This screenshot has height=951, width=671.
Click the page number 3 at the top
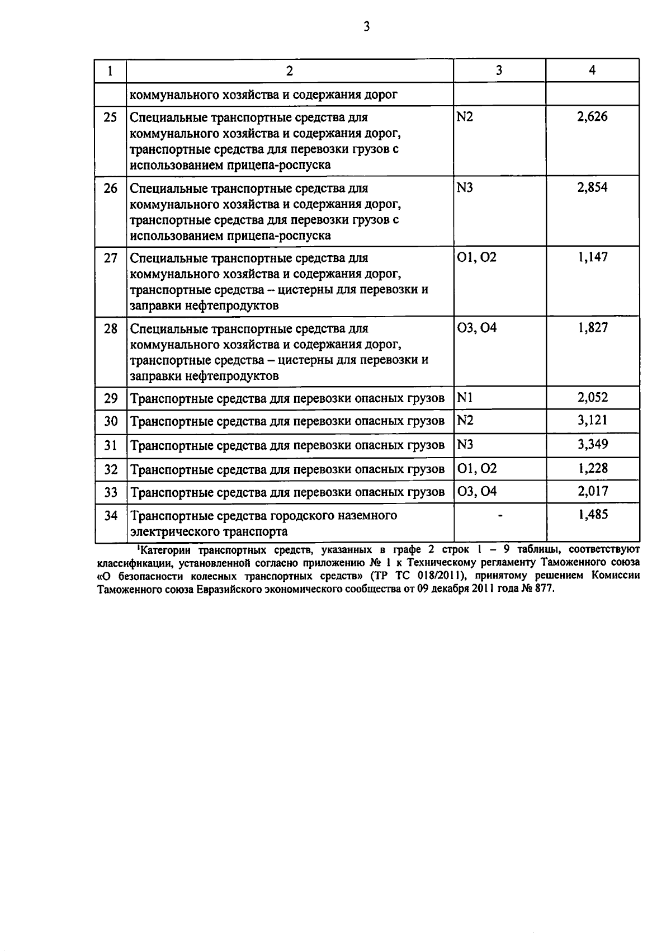tap(366, 26)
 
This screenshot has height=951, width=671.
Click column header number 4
tap(592, 70)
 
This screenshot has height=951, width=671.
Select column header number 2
tap(289, 70)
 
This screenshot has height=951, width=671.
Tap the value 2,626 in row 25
tap(592, 117)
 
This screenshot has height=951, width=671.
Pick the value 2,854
tap(592, 187)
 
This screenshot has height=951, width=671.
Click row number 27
tap(111, 258)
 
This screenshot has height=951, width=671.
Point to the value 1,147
tap(592, 257)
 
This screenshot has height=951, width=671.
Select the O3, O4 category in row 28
tap(476, 328)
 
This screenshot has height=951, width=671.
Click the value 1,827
tap(592, 328)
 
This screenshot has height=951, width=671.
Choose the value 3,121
tap(592, 420)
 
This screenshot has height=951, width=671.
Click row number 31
tap(111, 445)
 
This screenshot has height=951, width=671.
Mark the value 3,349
tap(592, 444)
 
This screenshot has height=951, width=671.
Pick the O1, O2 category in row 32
tap(476, 469)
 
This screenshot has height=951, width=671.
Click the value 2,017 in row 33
tap(592, 491)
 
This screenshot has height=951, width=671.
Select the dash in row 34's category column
tap(499, 516)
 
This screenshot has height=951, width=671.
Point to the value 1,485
tap(592, 515)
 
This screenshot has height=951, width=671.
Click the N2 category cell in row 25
tap(465, 117)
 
